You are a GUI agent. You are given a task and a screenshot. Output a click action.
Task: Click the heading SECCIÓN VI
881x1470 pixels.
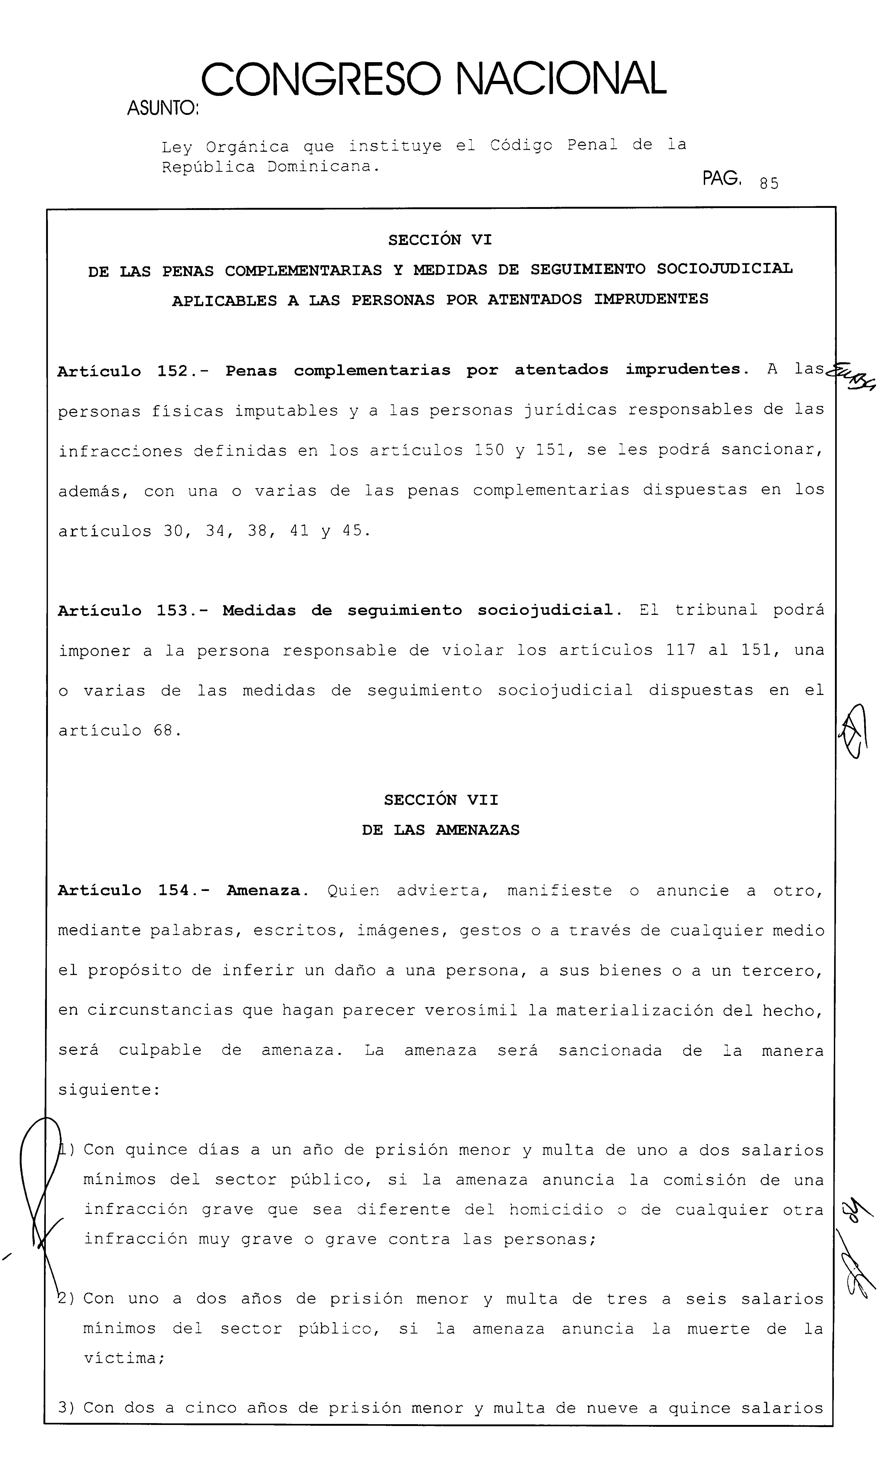tap(440, 240)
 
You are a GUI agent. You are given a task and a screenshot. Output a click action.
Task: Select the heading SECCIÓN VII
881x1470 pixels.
tap(440, 800)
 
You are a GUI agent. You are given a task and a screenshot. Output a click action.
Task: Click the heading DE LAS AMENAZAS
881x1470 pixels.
tap(440, 830)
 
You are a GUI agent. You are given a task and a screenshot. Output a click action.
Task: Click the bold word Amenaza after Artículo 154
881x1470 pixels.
tap(264, 890)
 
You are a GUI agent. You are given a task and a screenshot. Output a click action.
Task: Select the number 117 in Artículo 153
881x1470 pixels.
tap(680, 650)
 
